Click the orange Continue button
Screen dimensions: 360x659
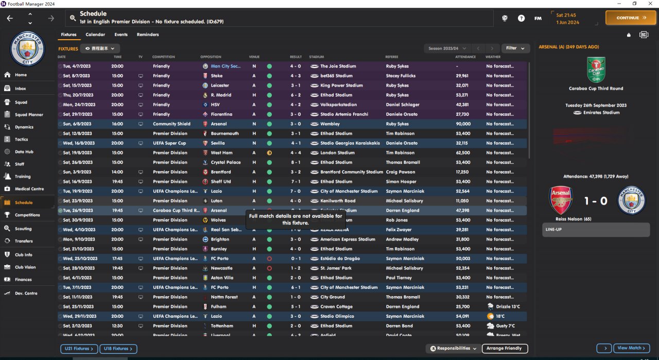pyautogui.click(x=630, y=18)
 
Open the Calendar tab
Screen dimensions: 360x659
pyautogui.click(x=95, y=35)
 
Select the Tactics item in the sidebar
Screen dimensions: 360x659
pyautogui.click(x=21, y=139)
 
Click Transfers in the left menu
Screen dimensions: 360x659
pyautogui.click(x=24, y=241)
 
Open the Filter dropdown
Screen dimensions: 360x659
pyautogui.click(x=515, y=48)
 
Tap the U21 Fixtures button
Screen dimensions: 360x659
pyautogui.click(x=79, y=349)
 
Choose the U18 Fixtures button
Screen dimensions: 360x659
pyautogui.click(x=118, y=349)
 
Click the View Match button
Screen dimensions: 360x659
pyautogui.click(x=632, y=348)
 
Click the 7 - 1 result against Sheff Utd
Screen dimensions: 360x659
pyautogui.click(x=296, y=182)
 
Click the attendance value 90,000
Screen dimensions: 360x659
pyautogui.click(x=463, y=124)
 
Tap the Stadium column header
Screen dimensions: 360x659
pyautogui.click(x=317, y=57)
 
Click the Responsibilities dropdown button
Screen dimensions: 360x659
pyautogui.click(x=454, y=349)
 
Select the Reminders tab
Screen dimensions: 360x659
pyautogui.click(x=148, y=35)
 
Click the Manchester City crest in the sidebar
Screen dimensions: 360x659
pyautogui.click(x=28, y=49)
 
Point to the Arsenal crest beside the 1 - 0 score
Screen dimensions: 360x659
pyautogui.click(x=561, y=200)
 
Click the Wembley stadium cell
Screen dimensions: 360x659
pyautogui.click(x=329, y=124)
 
